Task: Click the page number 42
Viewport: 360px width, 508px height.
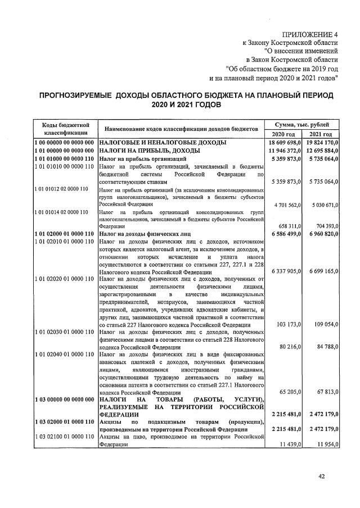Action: tap(322, 477)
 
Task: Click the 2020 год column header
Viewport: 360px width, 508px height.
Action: tap(283, 134)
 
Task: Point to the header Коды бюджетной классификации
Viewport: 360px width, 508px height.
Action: tap(64, 128)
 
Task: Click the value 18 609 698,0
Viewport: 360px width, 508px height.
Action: tap(284, 143)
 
